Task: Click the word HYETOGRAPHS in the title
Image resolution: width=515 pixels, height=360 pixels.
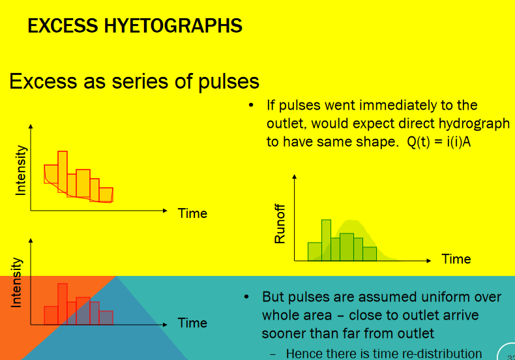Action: point(173,25)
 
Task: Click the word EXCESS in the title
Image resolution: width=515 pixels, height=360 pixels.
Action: point(63,25)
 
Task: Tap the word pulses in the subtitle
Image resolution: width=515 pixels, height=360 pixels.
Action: point(229,82)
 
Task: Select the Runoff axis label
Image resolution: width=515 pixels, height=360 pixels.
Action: point(280,224)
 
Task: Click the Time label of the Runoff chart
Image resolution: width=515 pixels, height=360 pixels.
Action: point(456,259)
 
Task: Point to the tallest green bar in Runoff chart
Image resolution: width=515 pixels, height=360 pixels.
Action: point(326,240)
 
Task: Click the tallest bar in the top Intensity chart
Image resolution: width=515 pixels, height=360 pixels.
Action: point(63,172)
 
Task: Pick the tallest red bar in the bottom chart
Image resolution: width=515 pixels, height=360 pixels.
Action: point(63,304)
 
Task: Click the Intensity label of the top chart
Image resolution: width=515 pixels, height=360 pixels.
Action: point(20,170)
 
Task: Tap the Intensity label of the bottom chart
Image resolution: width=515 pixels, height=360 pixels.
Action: point(16,283)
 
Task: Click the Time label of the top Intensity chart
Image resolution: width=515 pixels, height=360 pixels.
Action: point(192,213)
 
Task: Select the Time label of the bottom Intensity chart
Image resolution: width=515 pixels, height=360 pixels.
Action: point(192,323)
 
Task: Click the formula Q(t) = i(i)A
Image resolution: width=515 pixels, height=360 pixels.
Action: point(439,142)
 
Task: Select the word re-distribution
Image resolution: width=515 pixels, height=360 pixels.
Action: point(442,353)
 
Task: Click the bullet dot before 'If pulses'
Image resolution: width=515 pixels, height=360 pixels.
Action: point(251,105)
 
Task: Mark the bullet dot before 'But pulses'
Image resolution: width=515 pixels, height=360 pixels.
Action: point(246,297)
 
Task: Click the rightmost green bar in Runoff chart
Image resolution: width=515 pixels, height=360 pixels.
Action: point(370,254)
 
